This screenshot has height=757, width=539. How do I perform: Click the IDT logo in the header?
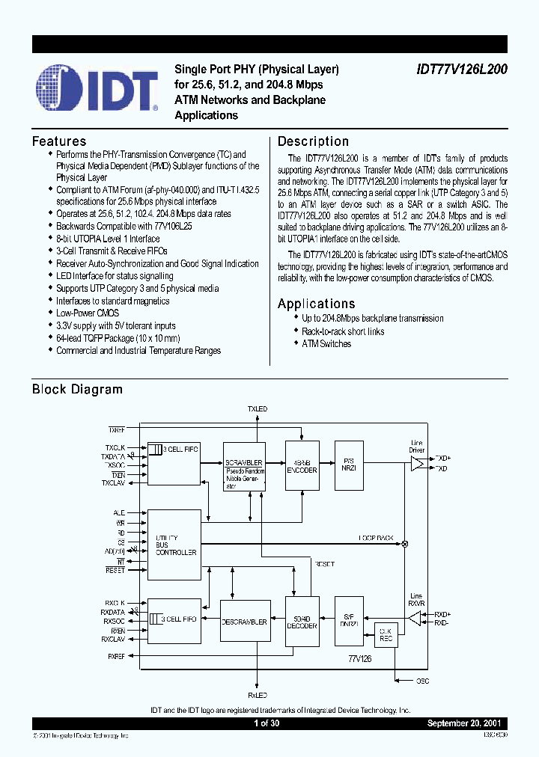(x=96, y=91)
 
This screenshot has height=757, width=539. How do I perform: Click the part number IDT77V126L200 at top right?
(x=463, y=69)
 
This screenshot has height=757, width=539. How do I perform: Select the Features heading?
(x=59, y=141)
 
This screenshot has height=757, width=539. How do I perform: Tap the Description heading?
(x=313, y=141)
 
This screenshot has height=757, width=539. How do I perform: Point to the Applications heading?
(x=316, y=304)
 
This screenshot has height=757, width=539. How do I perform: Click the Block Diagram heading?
(x=77, y=389)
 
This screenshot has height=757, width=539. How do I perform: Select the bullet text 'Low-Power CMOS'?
(x=88, y=313)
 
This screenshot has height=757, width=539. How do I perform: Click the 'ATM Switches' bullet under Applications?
(x=326, y=344)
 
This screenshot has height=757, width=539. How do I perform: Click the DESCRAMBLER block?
(x=243, y=622)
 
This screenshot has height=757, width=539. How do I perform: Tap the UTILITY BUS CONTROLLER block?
(x=174, y=545)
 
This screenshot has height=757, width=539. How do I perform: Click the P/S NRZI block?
(x=348, y=465)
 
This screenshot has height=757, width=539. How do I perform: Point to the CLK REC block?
(x=386, y=634)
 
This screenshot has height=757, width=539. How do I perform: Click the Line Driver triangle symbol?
(x=417, y=464)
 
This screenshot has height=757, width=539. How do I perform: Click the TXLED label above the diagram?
(x=257, y=409)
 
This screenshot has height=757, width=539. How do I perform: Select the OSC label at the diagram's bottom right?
(x=423, y=681)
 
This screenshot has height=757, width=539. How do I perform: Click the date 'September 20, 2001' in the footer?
(x=466, y=724)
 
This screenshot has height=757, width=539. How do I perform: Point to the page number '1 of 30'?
(x=267, y=724)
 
